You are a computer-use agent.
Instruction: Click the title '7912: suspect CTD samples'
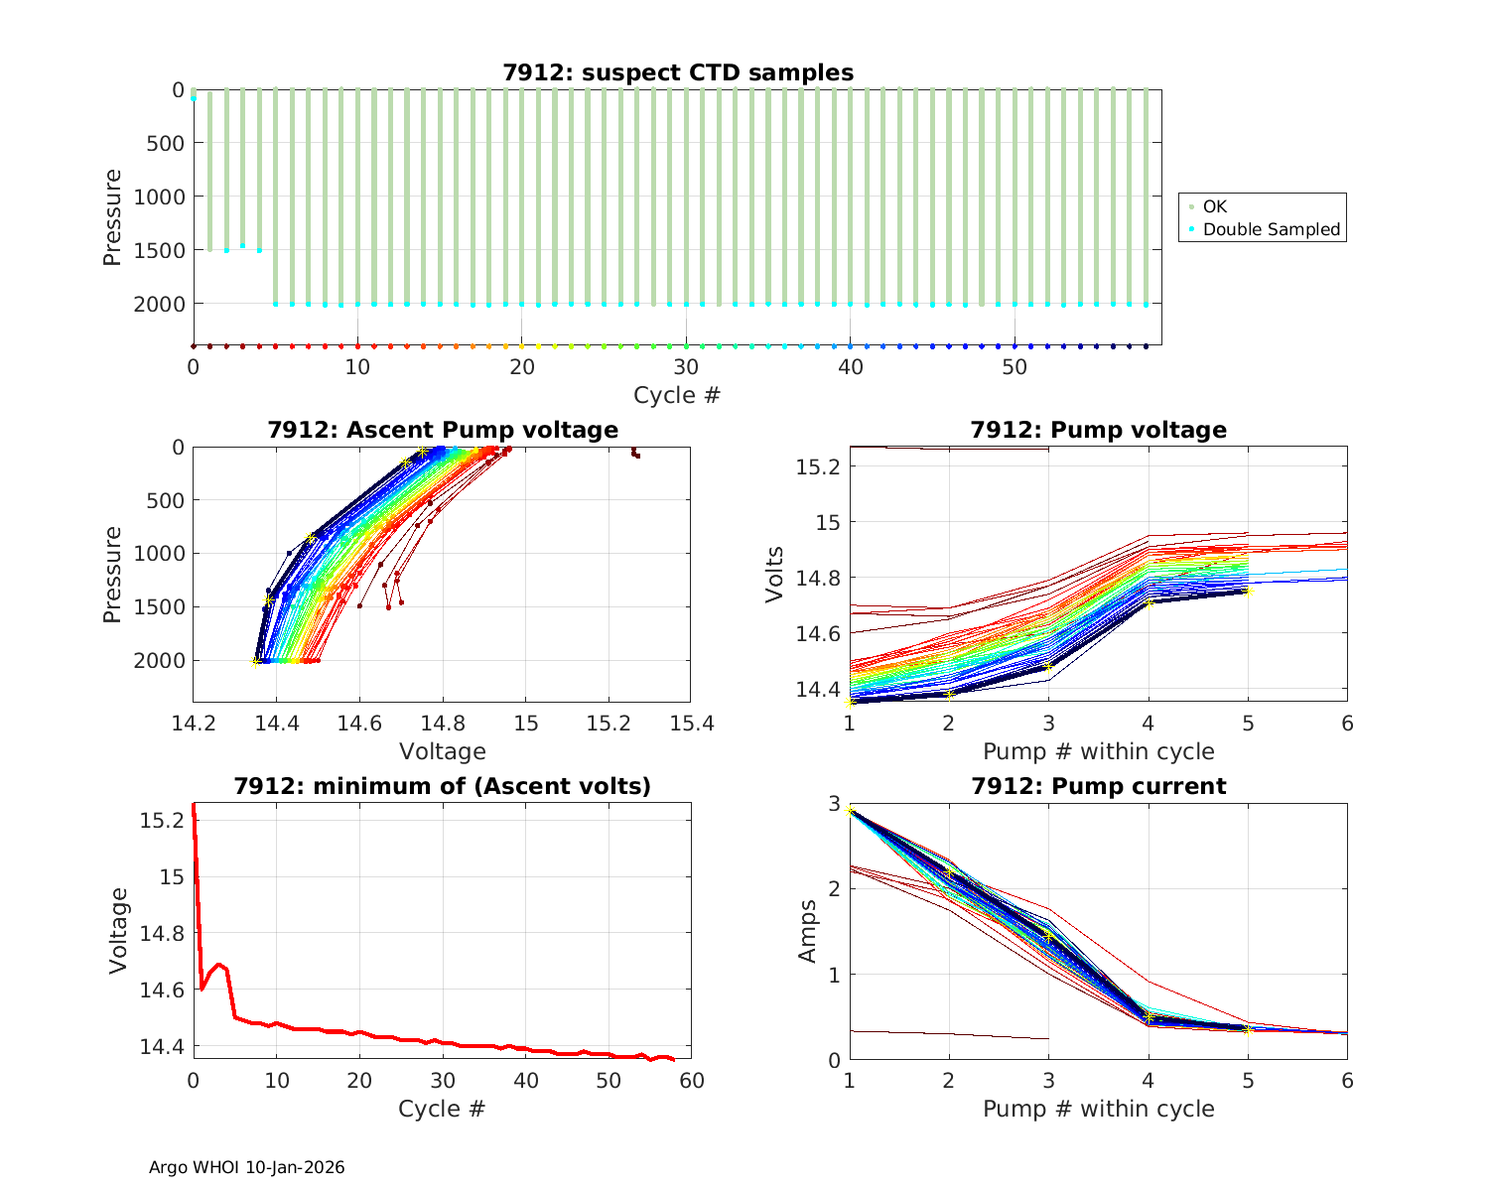click(677, 72)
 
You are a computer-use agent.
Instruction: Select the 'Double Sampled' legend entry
click(1271, 229)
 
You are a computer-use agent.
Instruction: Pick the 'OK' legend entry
click(1214, 206)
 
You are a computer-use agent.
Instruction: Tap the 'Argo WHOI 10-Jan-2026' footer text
click(246, 1167)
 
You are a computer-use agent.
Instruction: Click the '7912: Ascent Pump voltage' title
click(442, 430)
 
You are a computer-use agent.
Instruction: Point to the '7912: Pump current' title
click(1098, 786)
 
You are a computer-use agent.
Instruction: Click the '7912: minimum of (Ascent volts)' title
click(442, 786)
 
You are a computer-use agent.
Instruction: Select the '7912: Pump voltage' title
click(1098, 430)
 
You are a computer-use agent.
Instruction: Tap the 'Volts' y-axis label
click(775, 575)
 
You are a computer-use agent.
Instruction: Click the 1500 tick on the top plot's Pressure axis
click(159, 250)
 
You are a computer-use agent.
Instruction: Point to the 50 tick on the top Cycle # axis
click(1015, 367)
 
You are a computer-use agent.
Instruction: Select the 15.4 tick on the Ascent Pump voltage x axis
click(691, 723)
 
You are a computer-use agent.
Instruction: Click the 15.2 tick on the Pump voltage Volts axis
click(819, 466)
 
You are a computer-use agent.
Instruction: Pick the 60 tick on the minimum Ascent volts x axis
click(691, 1080)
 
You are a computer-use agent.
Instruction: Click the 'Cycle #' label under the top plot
click(677, 395)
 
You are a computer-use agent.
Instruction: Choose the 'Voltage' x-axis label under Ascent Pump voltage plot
click(442, 751)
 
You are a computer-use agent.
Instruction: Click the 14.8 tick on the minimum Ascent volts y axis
click(163, 934)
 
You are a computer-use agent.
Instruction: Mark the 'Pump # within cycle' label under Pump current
click(1098, 1109)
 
